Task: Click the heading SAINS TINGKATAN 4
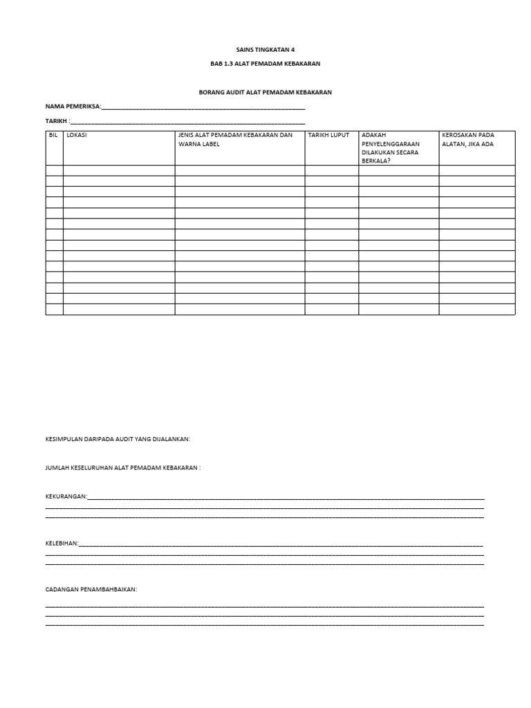tap(265, 50)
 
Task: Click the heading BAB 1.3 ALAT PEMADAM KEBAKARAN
tap(265, 64)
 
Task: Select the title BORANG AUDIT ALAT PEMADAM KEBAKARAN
tap(265, 93)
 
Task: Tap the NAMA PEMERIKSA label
tap(73, 106)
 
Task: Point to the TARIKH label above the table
tap(57, 121)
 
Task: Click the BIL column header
tap(54, 136)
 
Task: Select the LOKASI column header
tap(77, 136)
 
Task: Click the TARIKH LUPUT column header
tap(328, 136)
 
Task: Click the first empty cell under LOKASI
tap(118, 171)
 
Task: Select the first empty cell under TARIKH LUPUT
tap(331, 171)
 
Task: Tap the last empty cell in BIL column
tap(54, 310)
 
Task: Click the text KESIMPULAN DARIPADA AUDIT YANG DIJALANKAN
tap(118, 439)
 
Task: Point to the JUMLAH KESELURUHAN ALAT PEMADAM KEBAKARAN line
tap(122, 468)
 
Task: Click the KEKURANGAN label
tap(66, 496)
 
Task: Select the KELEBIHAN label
tap(62, 543)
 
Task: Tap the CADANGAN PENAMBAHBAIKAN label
tap(91, 590)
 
